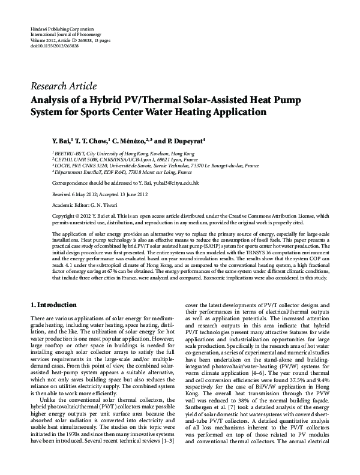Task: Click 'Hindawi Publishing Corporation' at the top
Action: point(62,29)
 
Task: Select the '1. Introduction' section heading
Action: point(53,305)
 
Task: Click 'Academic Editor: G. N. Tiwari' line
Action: point(86,204)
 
